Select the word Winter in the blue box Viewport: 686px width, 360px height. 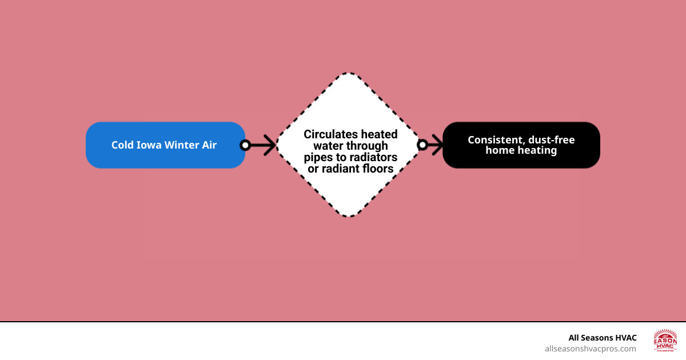click(181, 145)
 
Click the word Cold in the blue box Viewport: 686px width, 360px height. click(122, 145)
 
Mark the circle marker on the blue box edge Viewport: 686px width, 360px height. click(245, 145)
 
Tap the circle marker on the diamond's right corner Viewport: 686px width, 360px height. click(422, 145)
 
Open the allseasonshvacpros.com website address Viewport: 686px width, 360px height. click(590, 349)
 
